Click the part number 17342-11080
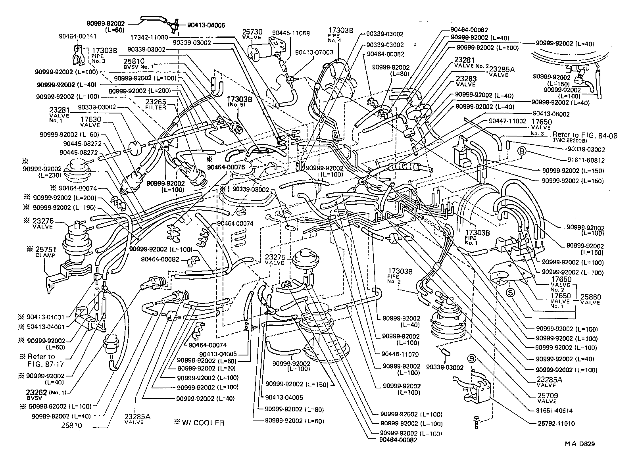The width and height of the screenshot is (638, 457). (x=149, y=37)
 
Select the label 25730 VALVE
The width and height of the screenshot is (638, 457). (x=252, y=34)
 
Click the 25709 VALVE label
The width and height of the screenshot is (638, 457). (x=547, y=398)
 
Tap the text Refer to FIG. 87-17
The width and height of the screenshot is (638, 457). (x=41, y=360)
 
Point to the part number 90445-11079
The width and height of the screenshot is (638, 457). (x=401, y=354)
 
